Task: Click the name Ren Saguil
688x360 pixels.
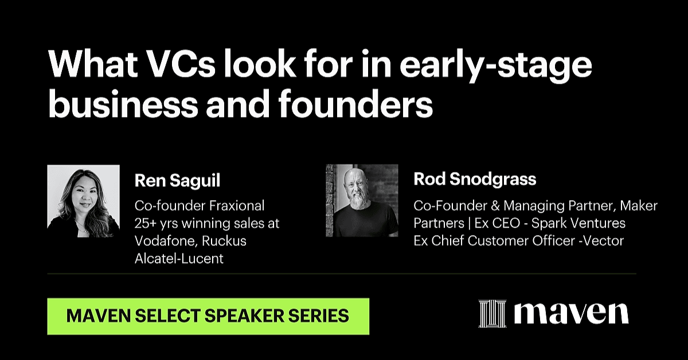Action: coord(178,181)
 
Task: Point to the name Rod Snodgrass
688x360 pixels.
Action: coord(475,179)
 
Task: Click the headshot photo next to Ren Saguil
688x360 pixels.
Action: coord(84,201)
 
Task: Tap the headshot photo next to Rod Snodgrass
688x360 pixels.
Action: coord(362,201)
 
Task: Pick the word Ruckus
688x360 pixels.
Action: coord(224,241)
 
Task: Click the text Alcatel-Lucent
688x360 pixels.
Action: coord(179,259)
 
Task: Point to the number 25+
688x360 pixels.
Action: coord(145,224)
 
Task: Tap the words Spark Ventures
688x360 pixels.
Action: coord(578,223)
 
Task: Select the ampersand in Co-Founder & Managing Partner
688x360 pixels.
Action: coord(495,205)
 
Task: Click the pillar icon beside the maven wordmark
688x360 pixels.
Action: coord(492,314)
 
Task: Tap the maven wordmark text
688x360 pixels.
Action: coord(571,314)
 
